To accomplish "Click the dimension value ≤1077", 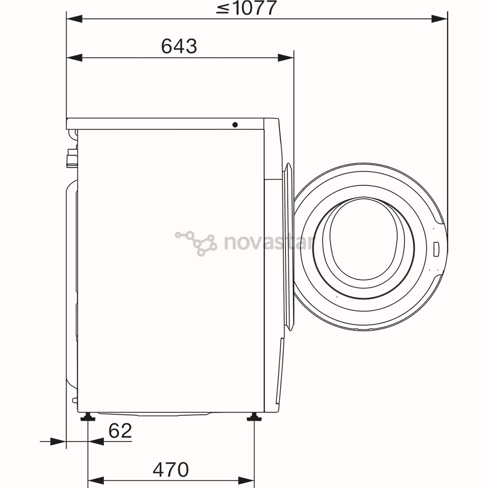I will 246,8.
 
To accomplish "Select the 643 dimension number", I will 179,46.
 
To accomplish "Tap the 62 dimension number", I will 120,431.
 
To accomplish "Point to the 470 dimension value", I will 170,470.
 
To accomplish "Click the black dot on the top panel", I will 235,125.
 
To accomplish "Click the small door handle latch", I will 436,249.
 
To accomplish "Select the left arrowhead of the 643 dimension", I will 75,57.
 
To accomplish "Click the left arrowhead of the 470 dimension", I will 96,480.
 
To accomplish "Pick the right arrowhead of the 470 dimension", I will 246,480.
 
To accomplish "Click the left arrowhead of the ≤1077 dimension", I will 75,19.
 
